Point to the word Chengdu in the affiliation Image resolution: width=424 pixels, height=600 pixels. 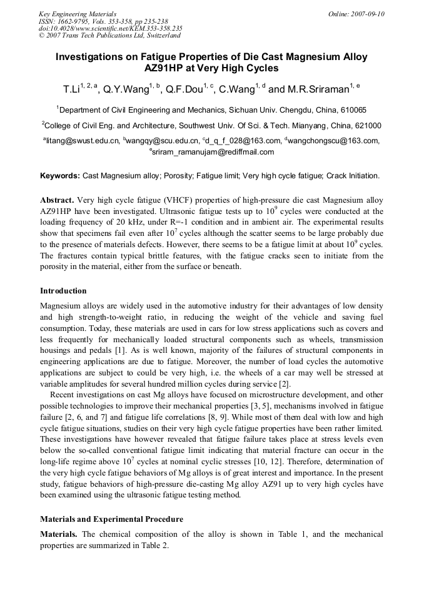pyautogui.click(x=288, y=109)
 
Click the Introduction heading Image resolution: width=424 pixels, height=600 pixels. pyautogui.click(x=63, y=291)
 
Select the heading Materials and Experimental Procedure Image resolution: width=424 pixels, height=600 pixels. pyautogui.click(x=111, y=519)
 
